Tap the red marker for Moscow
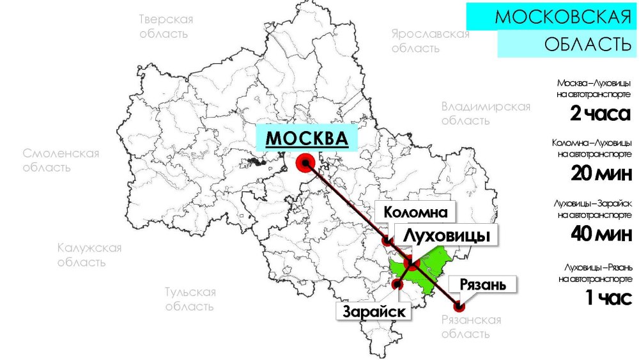click(x=305, y=163)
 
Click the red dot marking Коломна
click(x=387, y=241)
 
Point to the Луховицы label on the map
click(x=447, y=235)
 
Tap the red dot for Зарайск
click(x=397, y=284)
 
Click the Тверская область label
click(x=166, y=26)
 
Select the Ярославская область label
click(x=430, y=41)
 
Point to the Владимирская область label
click(x=486, y=113)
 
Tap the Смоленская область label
click(x=61, y=160)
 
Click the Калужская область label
click(x=89, y=255)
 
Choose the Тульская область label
click(x=190, y=299)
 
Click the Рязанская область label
click(x=471, y=327)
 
